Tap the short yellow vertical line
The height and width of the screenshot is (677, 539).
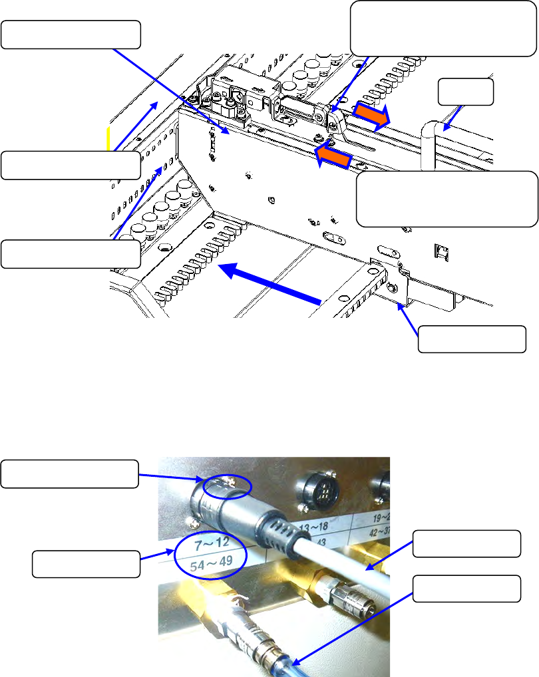[x=109, y=142]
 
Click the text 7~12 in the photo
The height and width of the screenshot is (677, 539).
[x=210, y=545]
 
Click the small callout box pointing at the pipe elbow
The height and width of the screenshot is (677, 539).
[x=466, y=92]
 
